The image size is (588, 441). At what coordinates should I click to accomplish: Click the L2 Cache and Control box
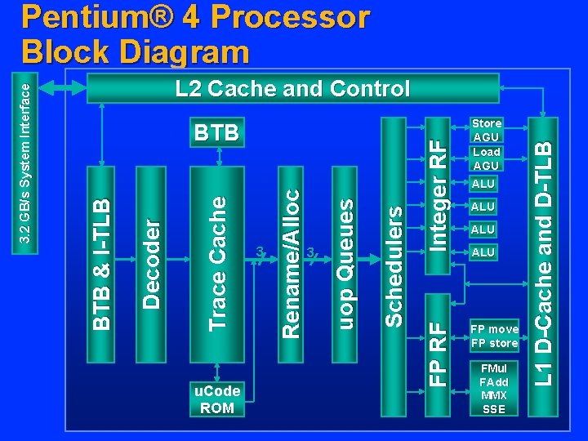pos(292,89)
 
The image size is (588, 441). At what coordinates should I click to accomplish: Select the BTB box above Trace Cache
pos(216,132)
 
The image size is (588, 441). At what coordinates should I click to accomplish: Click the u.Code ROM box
pos(217,399)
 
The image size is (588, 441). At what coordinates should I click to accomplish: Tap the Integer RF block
pos(439,196)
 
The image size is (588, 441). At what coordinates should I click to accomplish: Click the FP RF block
pos(439,343)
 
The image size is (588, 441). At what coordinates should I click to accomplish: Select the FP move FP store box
pos(494,336)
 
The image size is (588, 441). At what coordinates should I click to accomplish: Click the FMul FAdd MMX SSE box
pos(494,389)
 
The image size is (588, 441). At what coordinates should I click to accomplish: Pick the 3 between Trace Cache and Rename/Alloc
pos(259,252)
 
